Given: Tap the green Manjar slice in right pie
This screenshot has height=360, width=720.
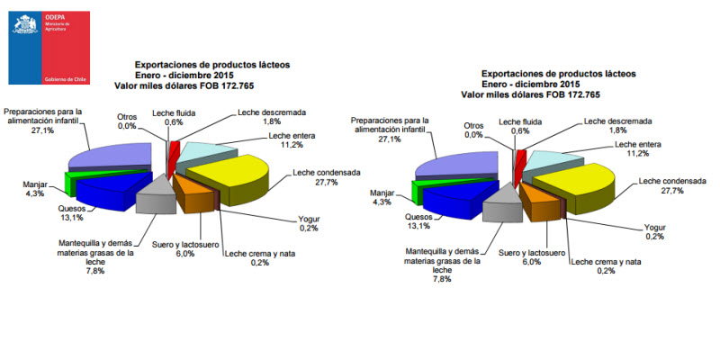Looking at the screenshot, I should pos(416,191).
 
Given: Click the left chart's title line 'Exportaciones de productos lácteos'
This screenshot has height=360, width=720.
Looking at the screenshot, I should pos(211,65).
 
